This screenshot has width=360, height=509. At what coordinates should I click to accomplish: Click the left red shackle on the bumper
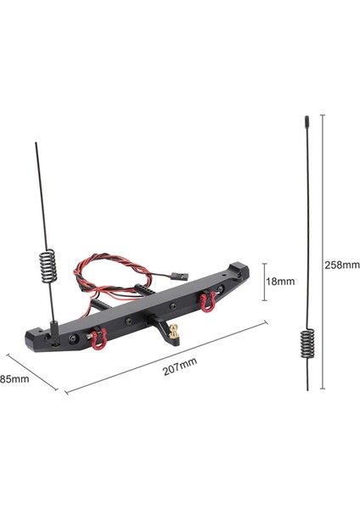click(x=98, y=338)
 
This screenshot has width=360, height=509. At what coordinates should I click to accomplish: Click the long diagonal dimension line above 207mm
click(x=166, y=356)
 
